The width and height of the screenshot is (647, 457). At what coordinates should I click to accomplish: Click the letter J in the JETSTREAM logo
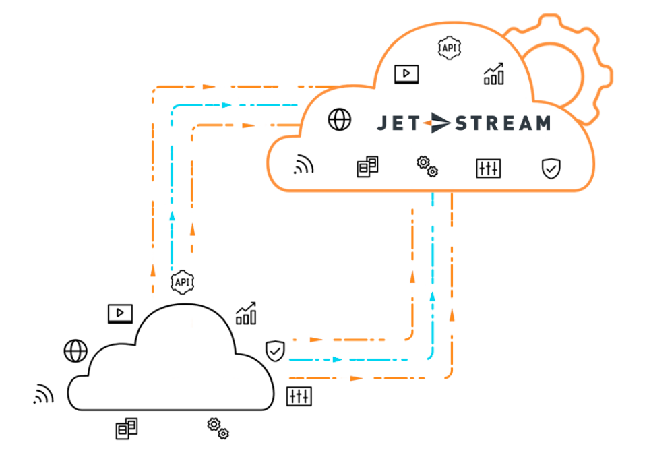coord(382,123)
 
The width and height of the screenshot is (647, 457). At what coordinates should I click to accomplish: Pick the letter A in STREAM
coord(522,123)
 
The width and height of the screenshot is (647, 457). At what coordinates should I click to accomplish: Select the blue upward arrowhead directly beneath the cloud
coord(432,296)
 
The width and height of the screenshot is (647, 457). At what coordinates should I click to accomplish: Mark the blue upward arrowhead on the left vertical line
coord(173,216)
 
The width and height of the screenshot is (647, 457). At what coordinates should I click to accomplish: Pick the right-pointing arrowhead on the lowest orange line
coord(356,378)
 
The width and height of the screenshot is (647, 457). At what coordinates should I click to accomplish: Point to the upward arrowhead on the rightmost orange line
coord(452,314)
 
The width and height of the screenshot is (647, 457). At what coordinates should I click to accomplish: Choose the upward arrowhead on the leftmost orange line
coord(153,270)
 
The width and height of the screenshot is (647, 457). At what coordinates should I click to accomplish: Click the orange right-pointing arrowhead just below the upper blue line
coord(248,125)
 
